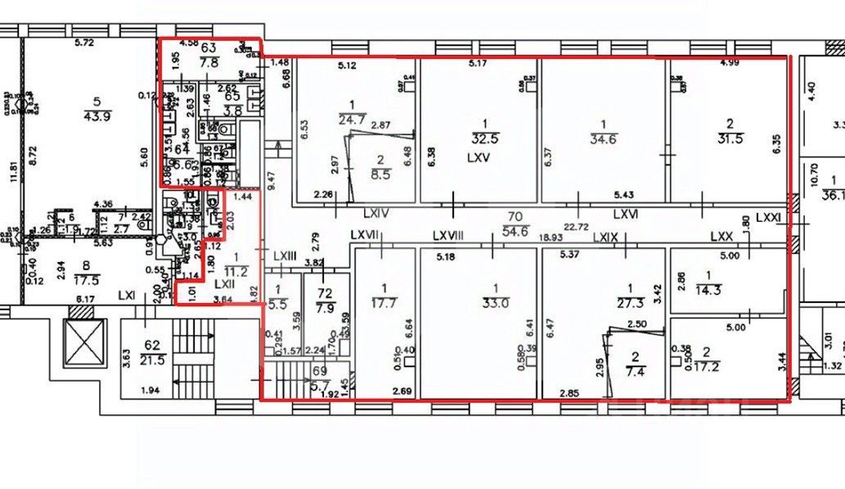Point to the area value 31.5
coord(730,138)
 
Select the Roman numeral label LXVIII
coord(447,235)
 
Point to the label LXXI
coord(768,217)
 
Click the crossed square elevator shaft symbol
coord(84,338)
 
